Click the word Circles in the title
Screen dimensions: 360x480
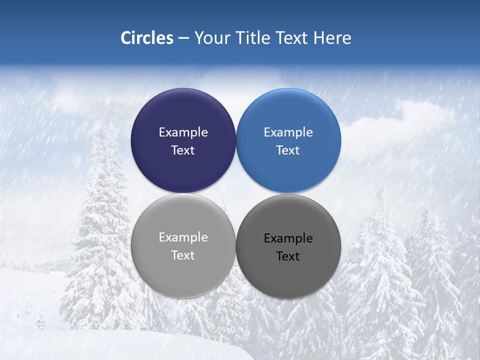(x=146, y=38)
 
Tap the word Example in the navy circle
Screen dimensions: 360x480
(x=183, y=132)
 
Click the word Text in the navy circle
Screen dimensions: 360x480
(x=183, y=150)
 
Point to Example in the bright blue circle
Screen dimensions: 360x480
(x=288, y=132)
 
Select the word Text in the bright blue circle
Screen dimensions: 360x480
(x=288, y=150)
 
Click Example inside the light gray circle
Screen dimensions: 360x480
(x=183, y=237)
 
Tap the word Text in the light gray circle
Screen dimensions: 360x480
(x=183, y=255)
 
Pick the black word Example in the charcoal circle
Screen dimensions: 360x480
(x=288, y=238)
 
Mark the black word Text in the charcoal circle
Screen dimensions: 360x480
(x=288, y=256)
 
